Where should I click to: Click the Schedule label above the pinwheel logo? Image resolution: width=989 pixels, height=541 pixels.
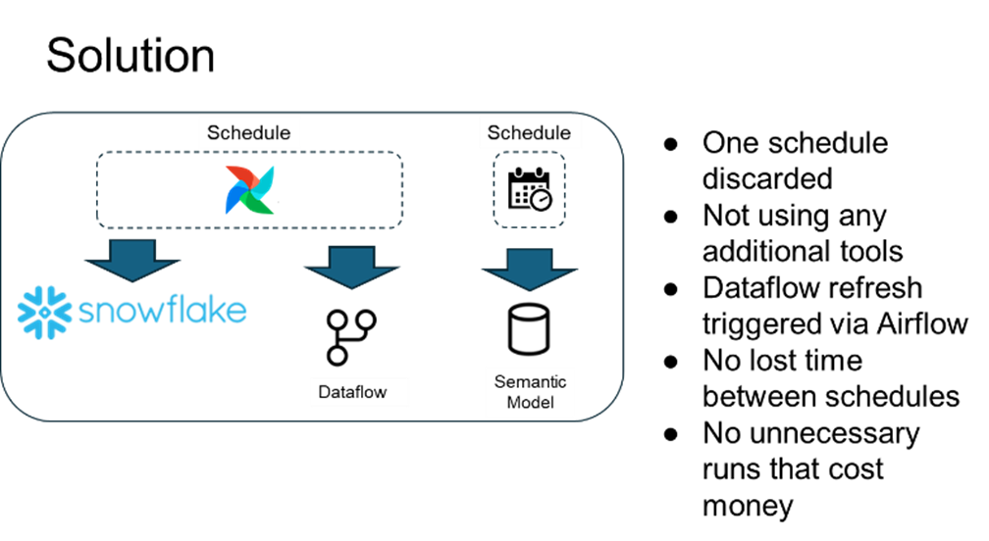point(249,133)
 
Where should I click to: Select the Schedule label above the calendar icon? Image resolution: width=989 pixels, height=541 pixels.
point(529,133)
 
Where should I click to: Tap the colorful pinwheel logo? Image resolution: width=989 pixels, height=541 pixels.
point(250,190)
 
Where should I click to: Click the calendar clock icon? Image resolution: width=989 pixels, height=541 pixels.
point(530,190)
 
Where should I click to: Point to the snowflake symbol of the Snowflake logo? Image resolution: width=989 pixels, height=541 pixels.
point(41,311)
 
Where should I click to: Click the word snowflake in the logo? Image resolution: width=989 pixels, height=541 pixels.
point(162,311)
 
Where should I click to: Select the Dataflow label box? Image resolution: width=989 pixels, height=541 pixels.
point(359,392)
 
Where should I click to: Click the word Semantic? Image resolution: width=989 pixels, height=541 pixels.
point(530,381)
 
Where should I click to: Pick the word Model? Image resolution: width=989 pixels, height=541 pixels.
point(530,402)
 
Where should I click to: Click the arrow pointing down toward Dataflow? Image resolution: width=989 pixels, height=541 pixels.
point(350,265)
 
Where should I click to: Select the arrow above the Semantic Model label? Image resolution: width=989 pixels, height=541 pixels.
point(530,267)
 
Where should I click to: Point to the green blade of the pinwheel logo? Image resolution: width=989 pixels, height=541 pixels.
point(262,202)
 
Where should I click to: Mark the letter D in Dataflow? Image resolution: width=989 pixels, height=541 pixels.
point(325,393)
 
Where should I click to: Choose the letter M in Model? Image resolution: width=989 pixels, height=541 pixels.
point(512,402)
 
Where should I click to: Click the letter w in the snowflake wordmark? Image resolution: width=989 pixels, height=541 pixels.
point(151,313)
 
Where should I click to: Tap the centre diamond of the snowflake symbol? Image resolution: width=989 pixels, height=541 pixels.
point(41,311)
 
